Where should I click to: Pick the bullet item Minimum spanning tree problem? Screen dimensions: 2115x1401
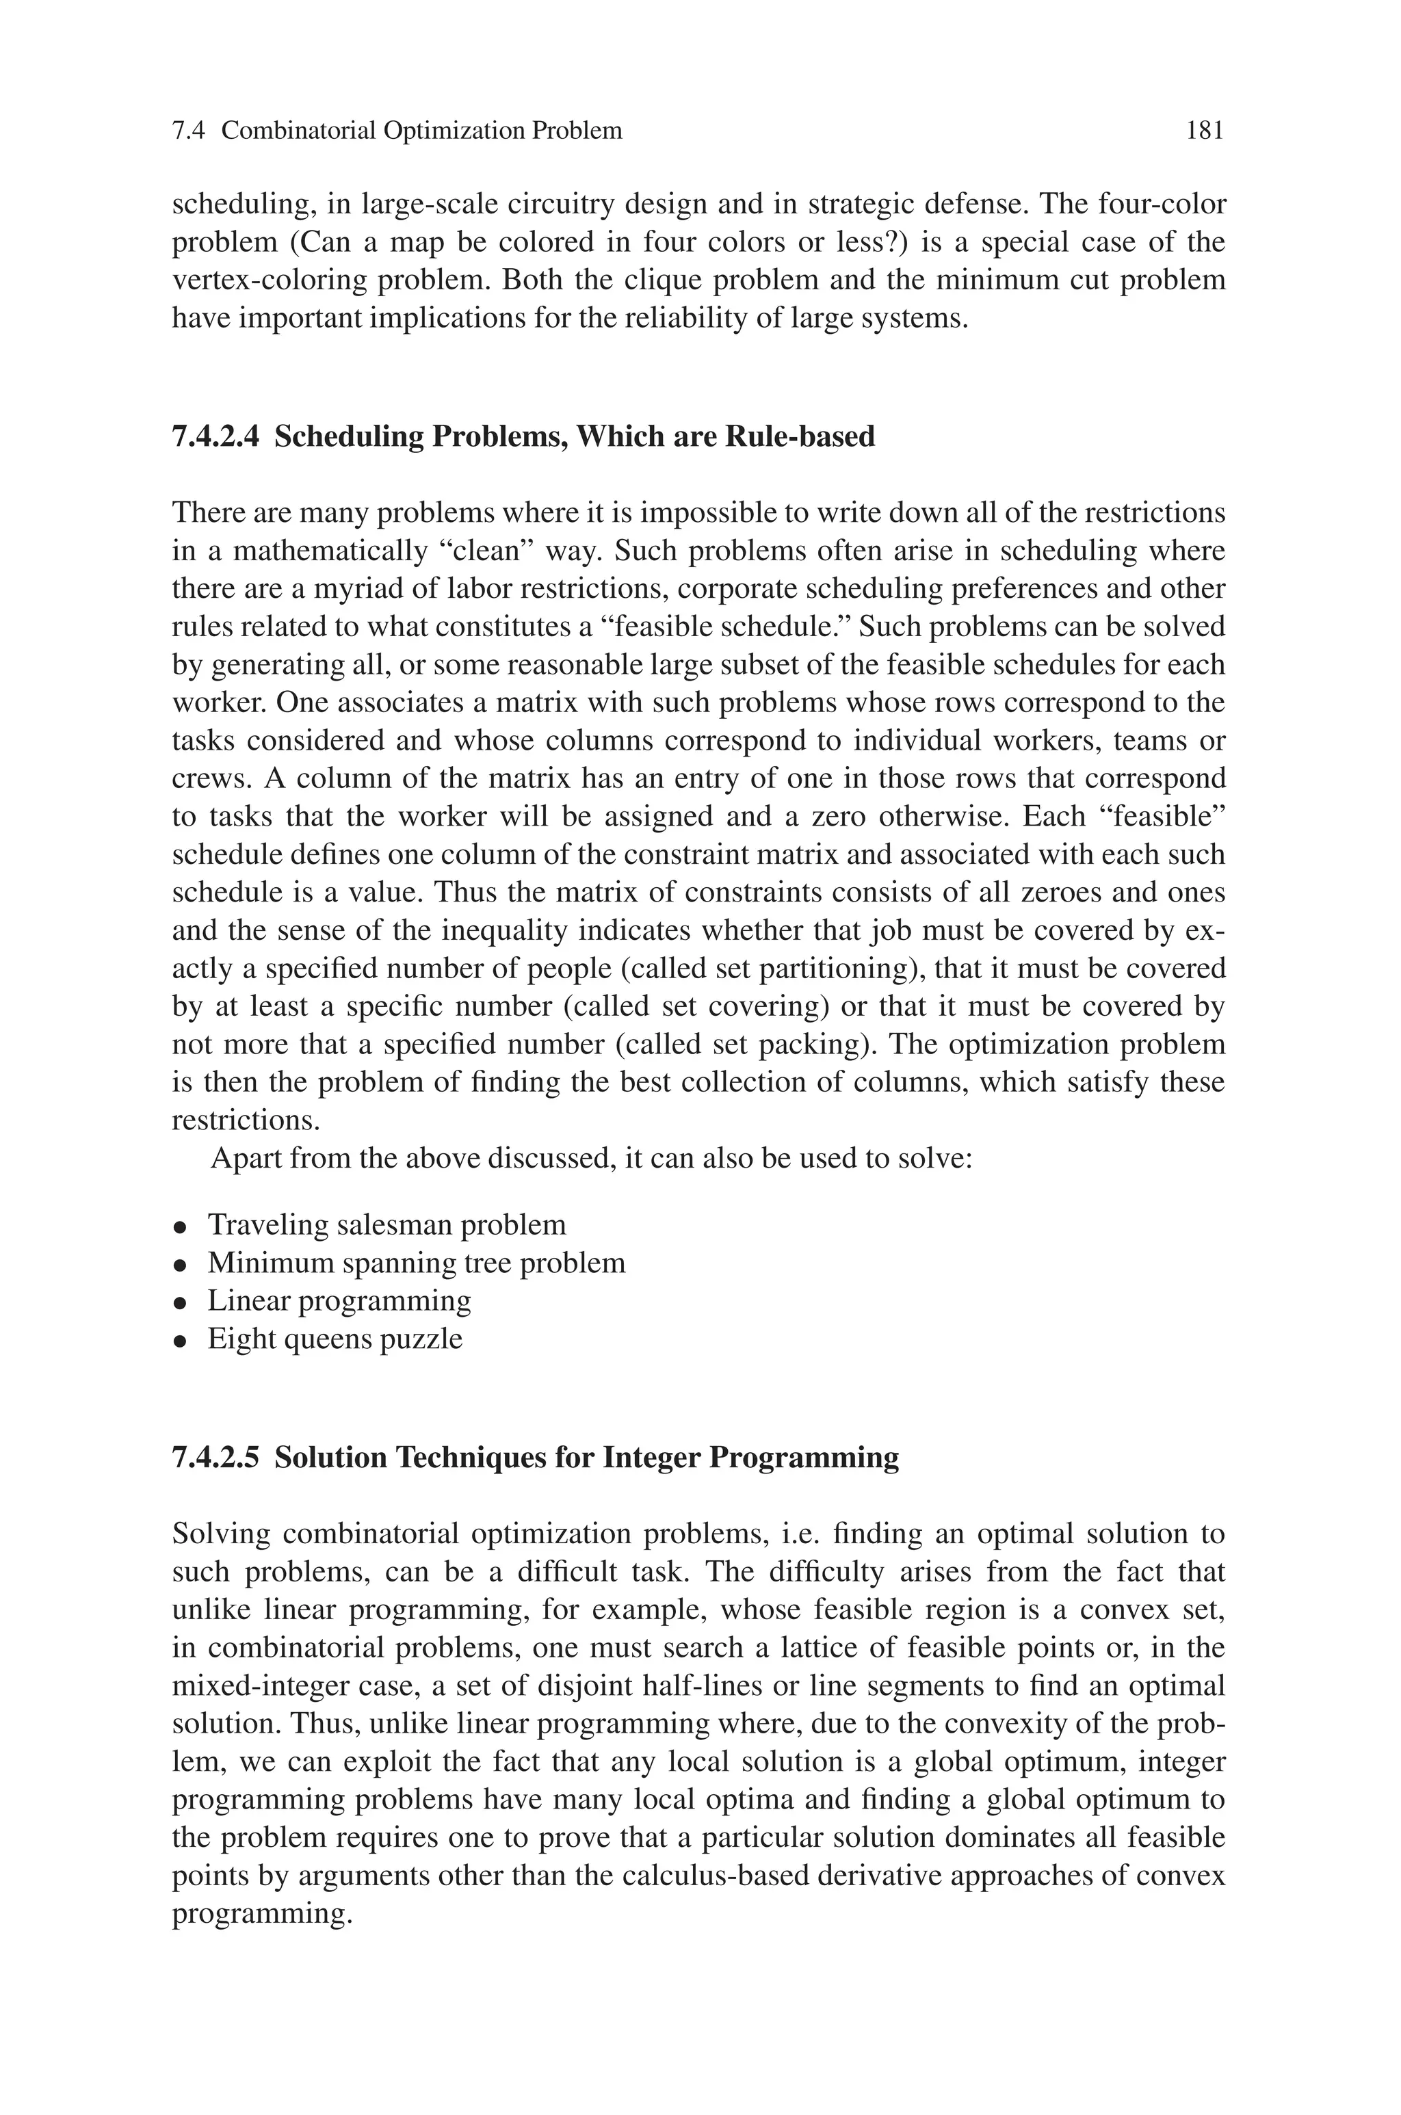(x=417, y=1263)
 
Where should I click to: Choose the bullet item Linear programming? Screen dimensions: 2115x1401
(x=339, y=1300)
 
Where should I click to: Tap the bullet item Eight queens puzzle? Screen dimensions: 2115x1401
(x=335, y=1339)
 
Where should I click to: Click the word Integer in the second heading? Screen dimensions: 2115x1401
(x=651, y=1458)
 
